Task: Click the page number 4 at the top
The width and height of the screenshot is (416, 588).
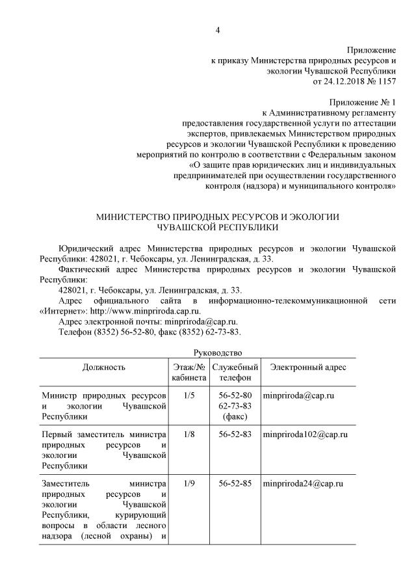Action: pos(218,30)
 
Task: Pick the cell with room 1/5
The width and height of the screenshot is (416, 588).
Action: pos(189,395)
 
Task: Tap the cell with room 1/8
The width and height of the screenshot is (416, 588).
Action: pos(189,434)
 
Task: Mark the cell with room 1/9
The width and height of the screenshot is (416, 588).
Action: pos(189,484)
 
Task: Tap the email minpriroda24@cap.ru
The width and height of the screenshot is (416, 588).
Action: pos(302,484)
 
